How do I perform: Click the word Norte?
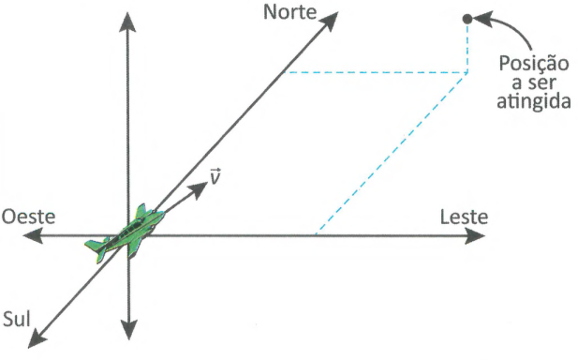tap(290, 12)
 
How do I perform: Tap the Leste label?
tap(464, 217)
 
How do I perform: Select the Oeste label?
tap(28, 217)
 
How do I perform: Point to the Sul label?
tap(17, 319)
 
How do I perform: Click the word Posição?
tap(534, 64)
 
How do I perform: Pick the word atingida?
tap(534, 100)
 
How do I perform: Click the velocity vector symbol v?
tap(215, 176)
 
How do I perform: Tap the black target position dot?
tap(467, 19)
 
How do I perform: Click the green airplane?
tap(125, 233)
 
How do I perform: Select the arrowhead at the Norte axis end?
tap(329, 21)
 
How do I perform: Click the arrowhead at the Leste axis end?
tap(475, 235)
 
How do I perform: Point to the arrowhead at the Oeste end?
tap(33, 235)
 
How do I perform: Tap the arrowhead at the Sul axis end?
tap(37, 338)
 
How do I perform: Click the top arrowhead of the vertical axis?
tap(128, 22)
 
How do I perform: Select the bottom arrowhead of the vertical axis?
tap(128, 330)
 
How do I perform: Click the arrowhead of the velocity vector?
tap(199, 189)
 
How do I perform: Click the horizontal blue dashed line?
tap(376, 73)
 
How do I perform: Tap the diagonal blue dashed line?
tap(392, 154)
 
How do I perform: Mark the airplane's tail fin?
tap(96, 247)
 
